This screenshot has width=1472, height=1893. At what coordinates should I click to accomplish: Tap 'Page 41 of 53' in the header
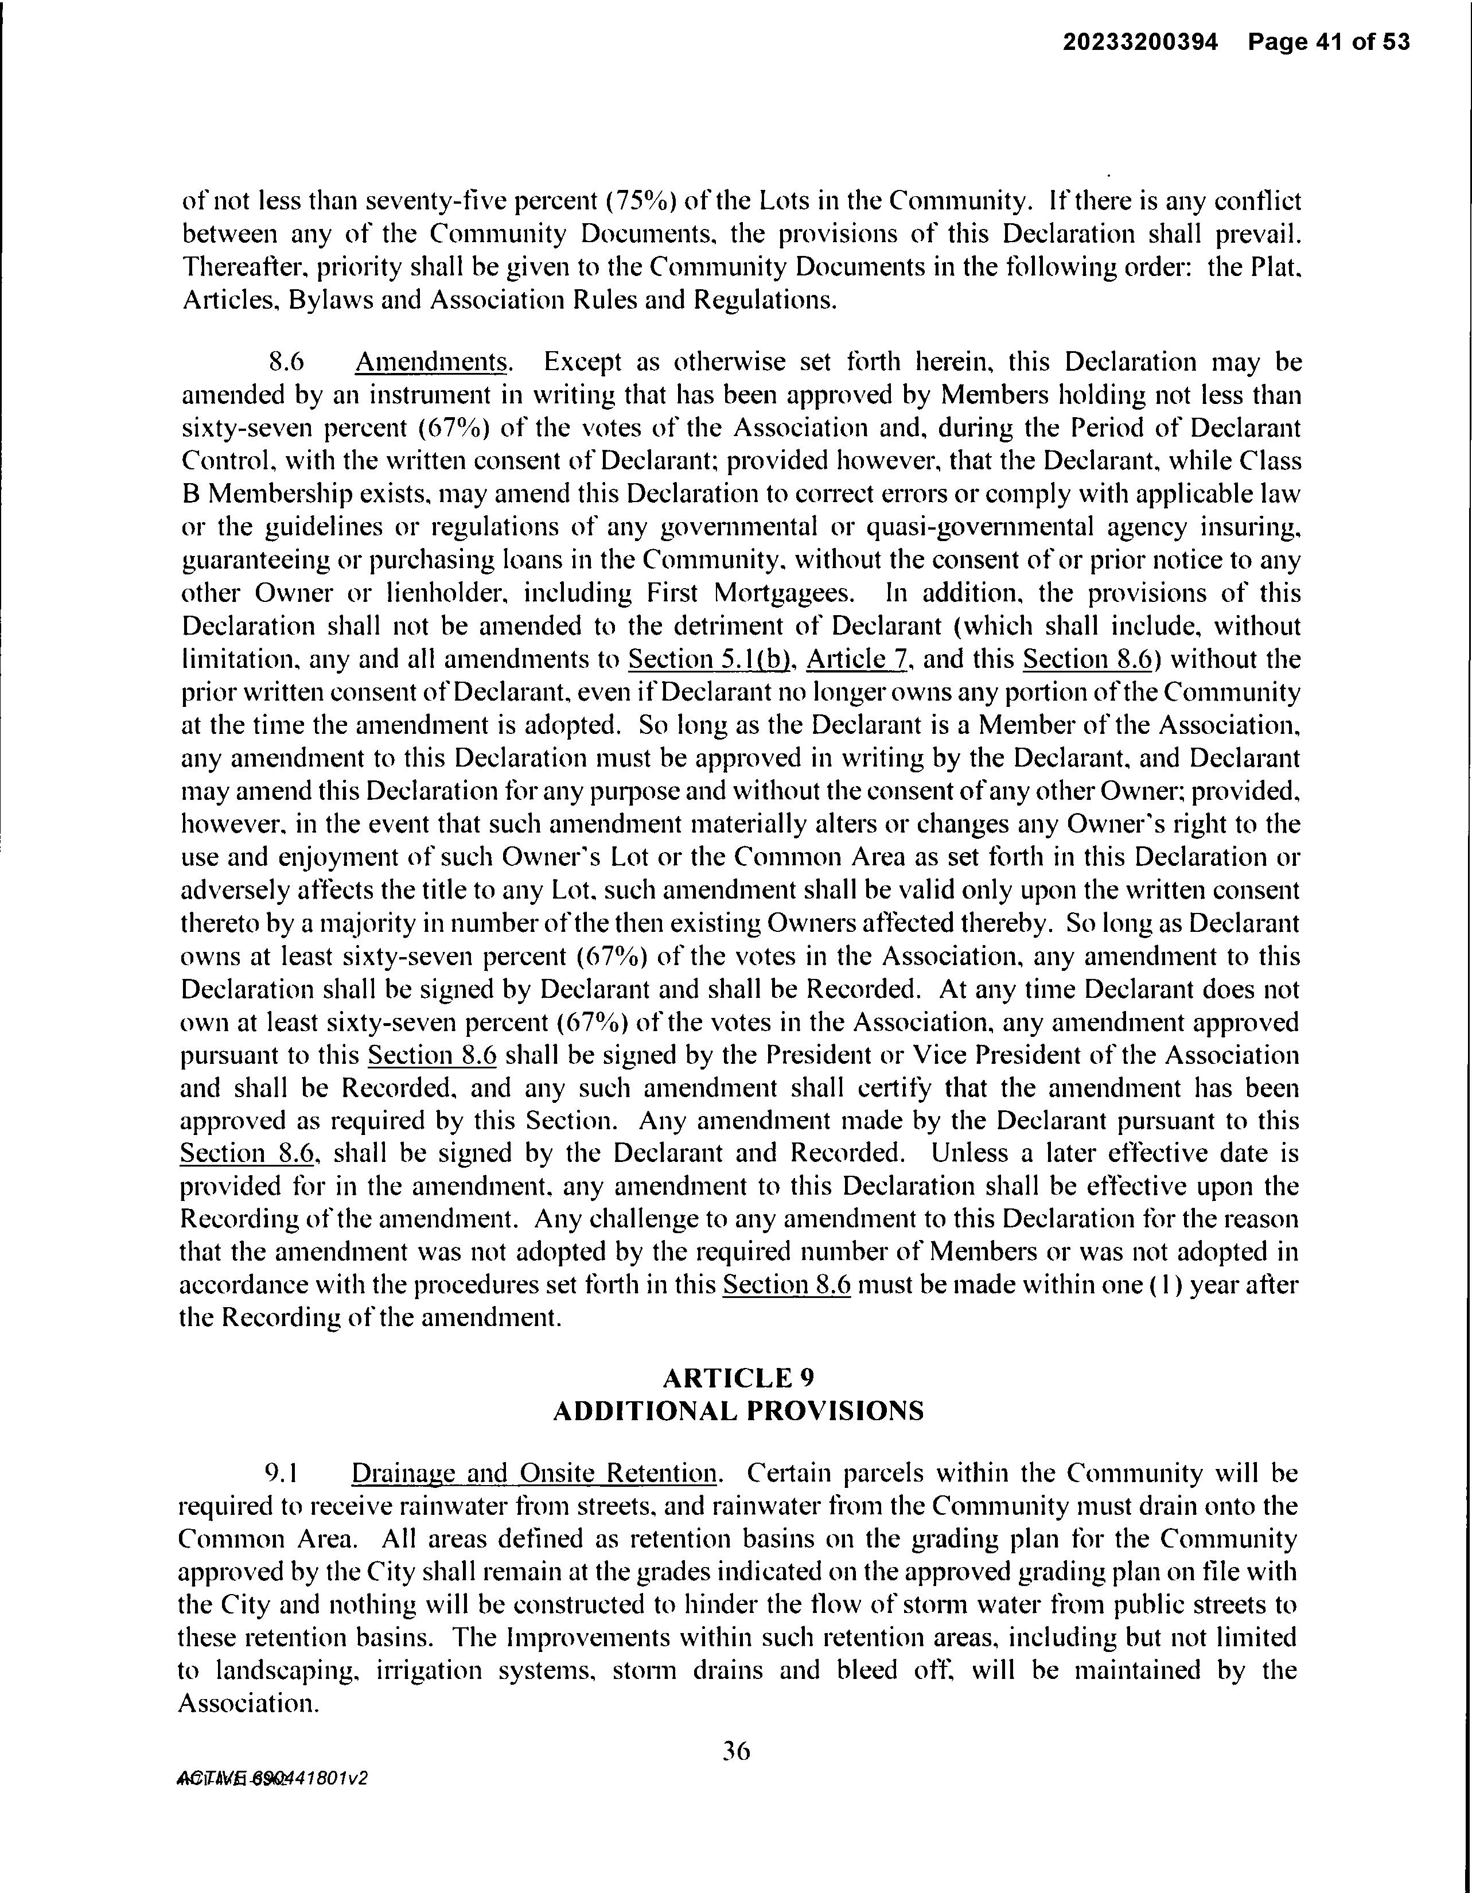[x=1329, y=42]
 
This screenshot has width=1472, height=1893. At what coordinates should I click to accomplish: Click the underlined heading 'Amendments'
[x=431, y=362]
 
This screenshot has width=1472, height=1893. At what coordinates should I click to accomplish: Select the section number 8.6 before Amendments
[x=287, y=362]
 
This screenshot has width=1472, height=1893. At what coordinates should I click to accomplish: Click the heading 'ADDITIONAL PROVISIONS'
[x=738, y=1411]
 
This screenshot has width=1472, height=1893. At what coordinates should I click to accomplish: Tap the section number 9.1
[x=282, y=1474]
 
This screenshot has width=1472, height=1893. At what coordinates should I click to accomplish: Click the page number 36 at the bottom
[x=735, y=1752]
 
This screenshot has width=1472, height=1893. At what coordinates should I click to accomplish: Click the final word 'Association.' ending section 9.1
[x=248, y=1704]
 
